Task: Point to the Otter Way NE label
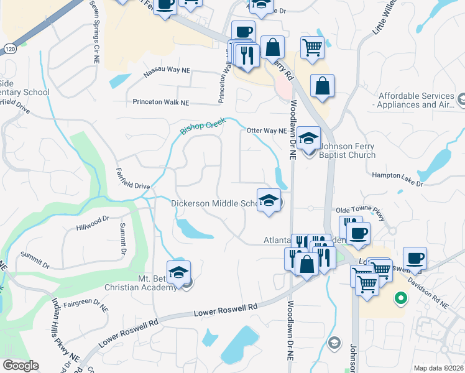[x=266, y=131]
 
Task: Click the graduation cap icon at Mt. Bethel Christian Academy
[x=179, y=272]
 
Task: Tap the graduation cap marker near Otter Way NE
[x=308, y=139]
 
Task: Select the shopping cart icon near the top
[x=312, y=46]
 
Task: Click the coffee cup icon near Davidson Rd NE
[x=415, y=257]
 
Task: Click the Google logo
[x=21, y=366]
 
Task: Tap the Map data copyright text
[x=439, y=368]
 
